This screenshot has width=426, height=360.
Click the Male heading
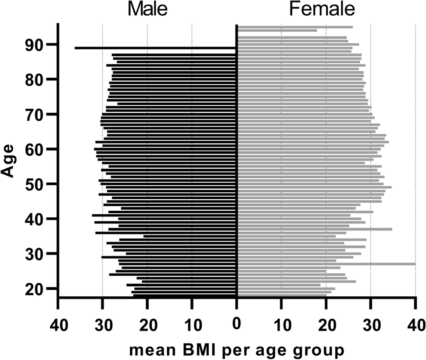pos(147,10)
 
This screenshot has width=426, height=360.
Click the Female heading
pos(322,10)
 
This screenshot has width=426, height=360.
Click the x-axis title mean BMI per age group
pos(237,350)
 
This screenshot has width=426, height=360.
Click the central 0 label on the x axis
pos(237,325)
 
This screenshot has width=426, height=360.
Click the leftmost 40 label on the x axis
pos(58,325)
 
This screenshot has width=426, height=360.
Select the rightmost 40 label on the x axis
pos(415,325)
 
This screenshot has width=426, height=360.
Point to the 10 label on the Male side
pos(192,325)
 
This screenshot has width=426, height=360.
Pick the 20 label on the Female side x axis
pos(326,325)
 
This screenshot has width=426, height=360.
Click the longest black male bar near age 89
pos(156,48)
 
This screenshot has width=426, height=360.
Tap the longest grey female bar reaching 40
pos(326,264)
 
